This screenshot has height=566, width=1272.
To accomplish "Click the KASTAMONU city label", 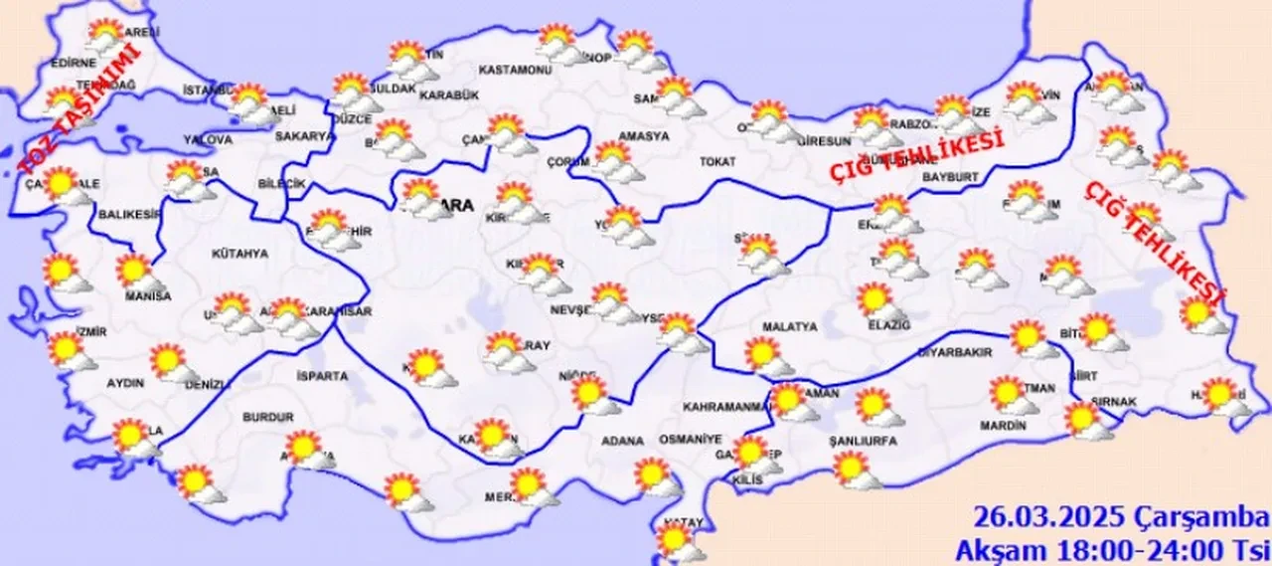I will (x=515, y=71).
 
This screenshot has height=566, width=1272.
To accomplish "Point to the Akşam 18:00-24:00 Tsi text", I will (x=1112, y=548).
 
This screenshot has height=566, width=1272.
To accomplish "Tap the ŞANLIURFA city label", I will (x=863, y=439).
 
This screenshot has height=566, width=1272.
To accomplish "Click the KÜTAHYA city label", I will (x=240, y=254).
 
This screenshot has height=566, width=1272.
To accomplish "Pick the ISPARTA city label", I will (x=322, y=376).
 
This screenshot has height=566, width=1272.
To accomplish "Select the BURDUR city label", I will (x=268, y=418).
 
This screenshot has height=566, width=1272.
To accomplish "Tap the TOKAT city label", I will (x=716, y=161).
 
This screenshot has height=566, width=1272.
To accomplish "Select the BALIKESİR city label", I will (x=129, y=214).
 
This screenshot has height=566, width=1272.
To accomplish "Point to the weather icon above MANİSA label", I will (x=137, y=272).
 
